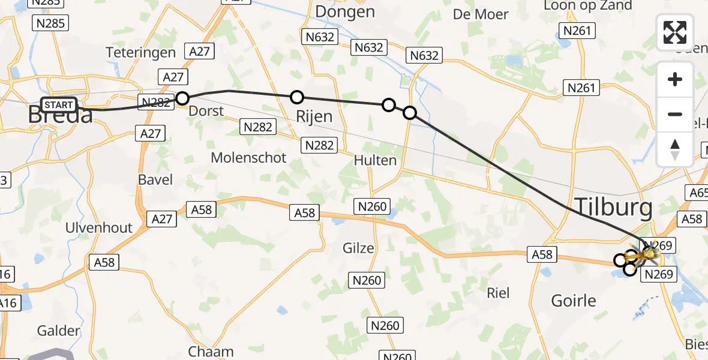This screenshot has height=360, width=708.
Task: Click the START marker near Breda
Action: pos(59,105)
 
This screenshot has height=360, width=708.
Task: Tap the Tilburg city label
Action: pos(614,208)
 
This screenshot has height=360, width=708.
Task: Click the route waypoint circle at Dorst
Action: pos(182,98)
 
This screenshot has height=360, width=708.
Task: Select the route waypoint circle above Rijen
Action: pos(296,97)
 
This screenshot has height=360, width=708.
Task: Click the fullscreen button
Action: pos(675,32)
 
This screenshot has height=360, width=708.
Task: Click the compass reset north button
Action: pos(675,149)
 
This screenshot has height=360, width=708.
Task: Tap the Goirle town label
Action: pos(574,300)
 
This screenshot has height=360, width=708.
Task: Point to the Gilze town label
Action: pos(358,248)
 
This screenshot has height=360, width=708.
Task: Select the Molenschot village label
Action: pos(248,157)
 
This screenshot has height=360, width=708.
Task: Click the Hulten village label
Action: pos(375,160)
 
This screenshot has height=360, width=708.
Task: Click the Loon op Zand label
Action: pos(587,6)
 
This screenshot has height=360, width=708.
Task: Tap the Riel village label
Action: pos(499,292)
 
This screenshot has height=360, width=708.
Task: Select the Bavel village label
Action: pos(155,179)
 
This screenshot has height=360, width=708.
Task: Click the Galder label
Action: pos(59,331)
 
